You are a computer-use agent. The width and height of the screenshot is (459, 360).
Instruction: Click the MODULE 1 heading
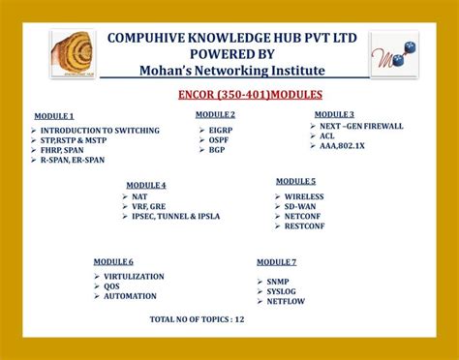pos(54,116)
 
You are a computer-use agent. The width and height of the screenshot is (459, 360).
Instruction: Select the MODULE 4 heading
pos(145,185)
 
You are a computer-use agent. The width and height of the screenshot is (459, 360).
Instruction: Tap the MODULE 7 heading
pos(276,262)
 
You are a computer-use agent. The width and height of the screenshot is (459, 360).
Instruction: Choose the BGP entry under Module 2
pos(217,150)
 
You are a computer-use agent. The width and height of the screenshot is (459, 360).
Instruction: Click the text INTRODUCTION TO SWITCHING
pos(87,129)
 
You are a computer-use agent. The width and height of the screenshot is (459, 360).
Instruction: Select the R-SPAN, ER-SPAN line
pos(71,160)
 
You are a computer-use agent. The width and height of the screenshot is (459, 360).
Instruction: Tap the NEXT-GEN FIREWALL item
pos(361,126)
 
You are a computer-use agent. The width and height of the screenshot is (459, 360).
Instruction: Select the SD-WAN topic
pos(301,206)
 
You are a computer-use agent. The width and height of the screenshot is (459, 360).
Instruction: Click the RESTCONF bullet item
pos(305,226)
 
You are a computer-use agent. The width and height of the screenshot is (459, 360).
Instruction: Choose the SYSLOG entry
pos(284,291)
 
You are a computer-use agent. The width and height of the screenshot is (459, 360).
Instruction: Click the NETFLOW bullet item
pos(288,302)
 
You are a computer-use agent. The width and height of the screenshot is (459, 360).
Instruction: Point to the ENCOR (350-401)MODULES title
pos(250,95)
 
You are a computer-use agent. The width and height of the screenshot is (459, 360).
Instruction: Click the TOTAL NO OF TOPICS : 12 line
pos(198,318)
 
